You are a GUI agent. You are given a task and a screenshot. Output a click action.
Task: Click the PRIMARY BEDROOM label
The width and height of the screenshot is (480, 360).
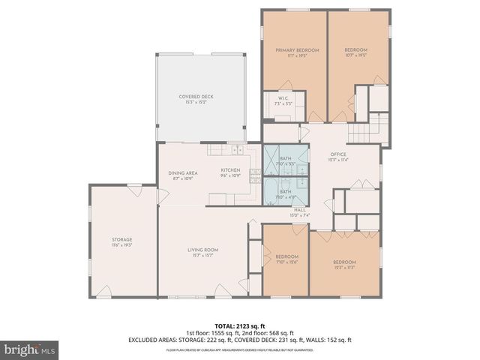297,50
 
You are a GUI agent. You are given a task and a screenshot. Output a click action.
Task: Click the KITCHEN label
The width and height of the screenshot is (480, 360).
230,170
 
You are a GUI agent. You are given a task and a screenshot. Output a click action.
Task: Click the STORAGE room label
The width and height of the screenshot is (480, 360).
122,240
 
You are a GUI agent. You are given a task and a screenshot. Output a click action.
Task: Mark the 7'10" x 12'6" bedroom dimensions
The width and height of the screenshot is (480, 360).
286,261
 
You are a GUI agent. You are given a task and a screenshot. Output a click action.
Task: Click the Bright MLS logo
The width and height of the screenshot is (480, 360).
30,349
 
